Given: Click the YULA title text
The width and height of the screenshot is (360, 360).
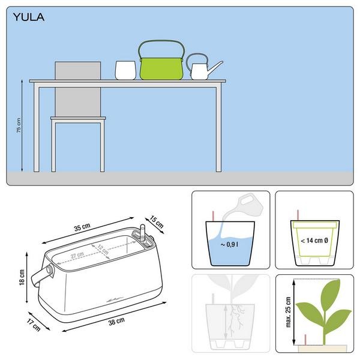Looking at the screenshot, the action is click(29, 17).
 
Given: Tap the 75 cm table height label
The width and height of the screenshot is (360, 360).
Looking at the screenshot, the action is click(19, 125).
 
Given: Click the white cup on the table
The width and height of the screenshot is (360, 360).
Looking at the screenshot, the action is click(125, 70).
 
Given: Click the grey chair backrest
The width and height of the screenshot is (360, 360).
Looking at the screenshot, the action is click(78, 89).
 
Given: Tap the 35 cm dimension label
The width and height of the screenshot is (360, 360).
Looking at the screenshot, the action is click(82, 227).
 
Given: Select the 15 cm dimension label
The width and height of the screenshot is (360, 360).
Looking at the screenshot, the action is click(157, 222).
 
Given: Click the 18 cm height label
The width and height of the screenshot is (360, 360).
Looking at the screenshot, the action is click(22, 278).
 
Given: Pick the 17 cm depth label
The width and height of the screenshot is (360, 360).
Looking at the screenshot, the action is click(34, 325).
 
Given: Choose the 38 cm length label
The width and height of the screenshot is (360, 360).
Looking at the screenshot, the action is click(116, 321).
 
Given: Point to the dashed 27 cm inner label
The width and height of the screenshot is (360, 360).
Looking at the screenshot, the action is click(77, 255).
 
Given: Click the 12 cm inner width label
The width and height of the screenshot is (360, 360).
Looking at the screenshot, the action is click(103, 250).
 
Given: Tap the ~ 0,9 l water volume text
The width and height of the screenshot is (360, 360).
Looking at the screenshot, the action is click(229, 244).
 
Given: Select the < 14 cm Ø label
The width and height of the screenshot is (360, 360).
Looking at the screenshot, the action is click(314, 241).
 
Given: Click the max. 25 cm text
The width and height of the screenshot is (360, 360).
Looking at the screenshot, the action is click(288, 312).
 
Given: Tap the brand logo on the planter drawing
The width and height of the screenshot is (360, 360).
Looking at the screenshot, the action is click(115, 300).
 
